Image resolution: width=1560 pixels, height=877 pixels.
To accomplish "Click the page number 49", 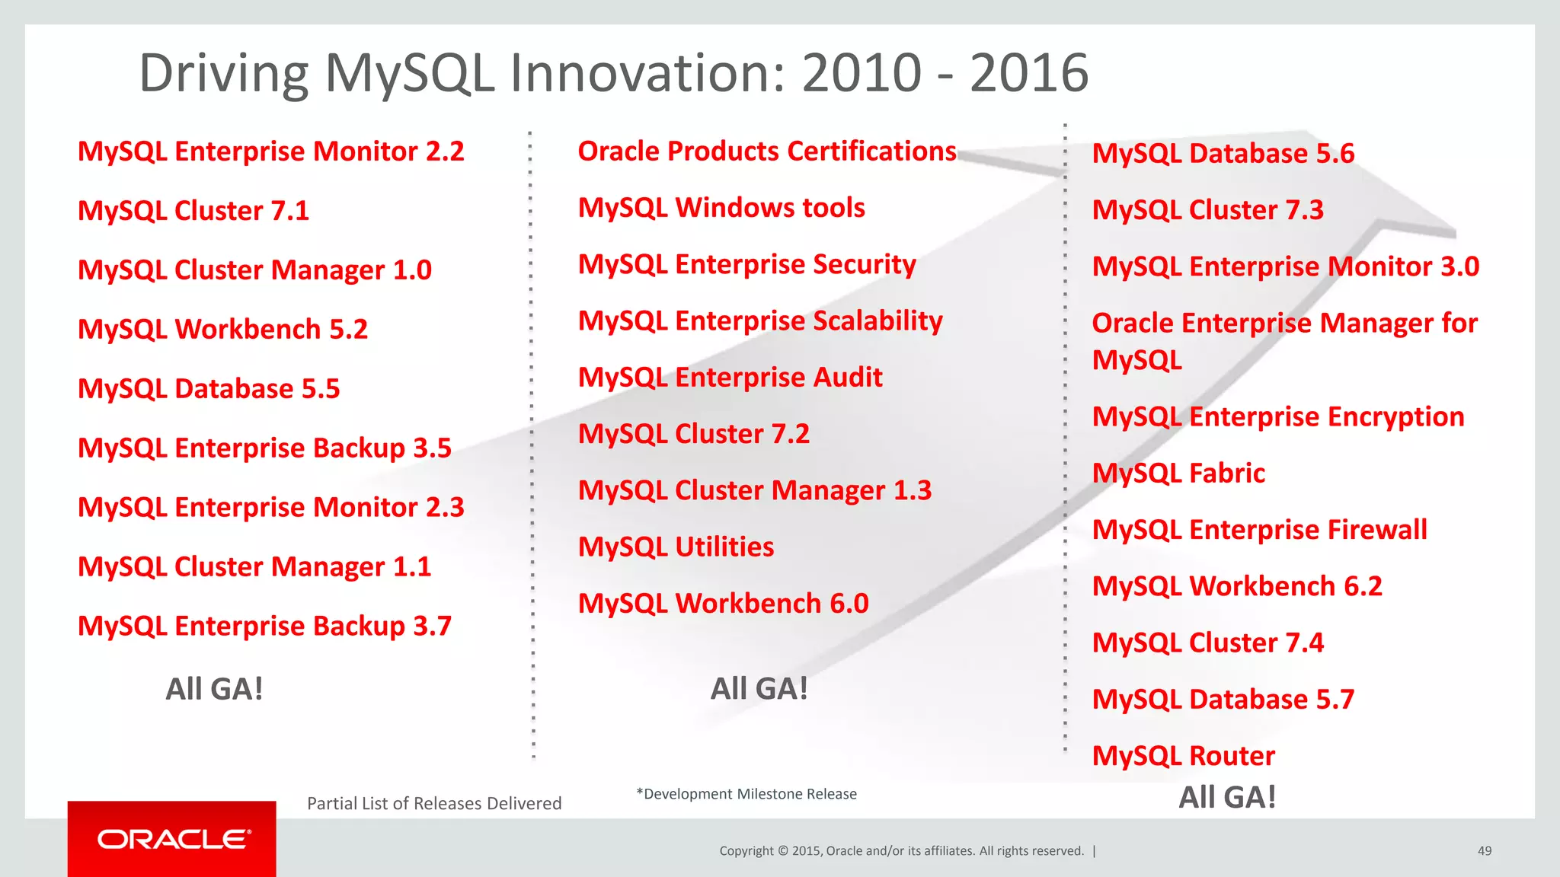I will click(1484, 851).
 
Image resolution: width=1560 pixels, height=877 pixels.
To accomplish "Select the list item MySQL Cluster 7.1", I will click(193, 211).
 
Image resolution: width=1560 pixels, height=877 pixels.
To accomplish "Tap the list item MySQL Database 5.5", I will click(209, 389).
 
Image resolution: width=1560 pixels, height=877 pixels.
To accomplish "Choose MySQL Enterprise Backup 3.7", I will click(264, 627).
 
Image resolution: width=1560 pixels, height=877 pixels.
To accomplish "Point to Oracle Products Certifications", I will click(766, 151).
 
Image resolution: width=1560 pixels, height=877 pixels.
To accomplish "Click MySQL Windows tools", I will click(721, 208).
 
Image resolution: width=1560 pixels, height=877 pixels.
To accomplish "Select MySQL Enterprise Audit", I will click(730, 378).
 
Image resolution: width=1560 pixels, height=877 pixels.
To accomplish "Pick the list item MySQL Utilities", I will click(676, 547).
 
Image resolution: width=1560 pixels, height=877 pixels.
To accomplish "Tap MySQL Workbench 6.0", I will click(723, 604).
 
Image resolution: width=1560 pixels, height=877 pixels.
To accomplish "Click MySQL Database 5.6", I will click(1223, 154).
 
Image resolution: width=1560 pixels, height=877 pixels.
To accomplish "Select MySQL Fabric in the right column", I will click(1178, 474).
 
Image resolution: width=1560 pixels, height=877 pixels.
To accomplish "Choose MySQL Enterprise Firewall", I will click(1259, 530).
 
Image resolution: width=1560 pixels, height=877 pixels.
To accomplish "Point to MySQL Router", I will click(1183, 756).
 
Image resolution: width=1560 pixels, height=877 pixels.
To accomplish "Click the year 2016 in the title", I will click(1028, 74).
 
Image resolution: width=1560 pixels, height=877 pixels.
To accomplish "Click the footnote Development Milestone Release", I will click(746, 794).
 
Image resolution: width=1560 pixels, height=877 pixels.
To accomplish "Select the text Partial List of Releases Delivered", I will click(434, 803).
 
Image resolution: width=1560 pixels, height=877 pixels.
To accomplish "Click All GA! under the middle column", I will click(759, 689).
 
